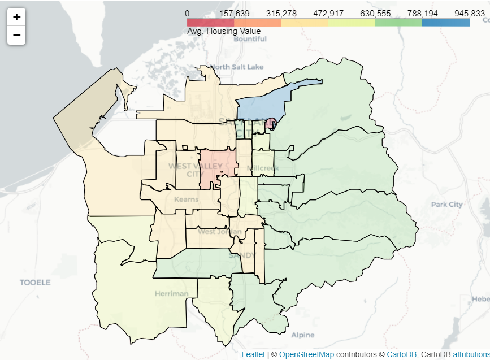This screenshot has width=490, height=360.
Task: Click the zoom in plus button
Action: pyautogui.click(x=16, y=17)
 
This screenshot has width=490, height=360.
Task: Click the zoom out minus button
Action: pyautogui.click(x=16, y=35)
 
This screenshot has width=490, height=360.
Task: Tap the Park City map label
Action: pyautogui.click(x=446, y=204)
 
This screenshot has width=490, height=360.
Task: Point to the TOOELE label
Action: pyautogui.click(x=35, y=282)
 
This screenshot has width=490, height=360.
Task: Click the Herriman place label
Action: pyautogui.click(x=172, y=293)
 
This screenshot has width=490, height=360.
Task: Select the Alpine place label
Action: pyautogui.click(x=303, y=335)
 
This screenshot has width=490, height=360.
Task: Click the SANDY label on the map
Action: pyautogui.click(x=242, y=255)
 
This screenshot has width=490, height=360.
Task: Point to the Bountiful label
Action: pyautogui.click(x=250, y=39)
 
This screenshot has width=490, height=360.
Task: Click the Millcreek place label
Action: pyautogui.click(x=263, y=168)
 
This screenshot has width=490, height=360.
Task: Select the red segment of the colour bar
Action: pyautogui.click(x=210, y=23)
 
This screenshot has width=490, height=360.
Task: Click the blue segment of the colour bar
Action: pyautogui.click(x=445, y=23)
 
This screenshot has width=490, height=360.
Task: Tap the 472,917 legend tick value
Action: pyautogui.click(x=328, y=13)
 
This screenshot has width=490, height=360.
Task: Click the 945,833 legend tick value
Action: pyautogui.click(x=469, y=13)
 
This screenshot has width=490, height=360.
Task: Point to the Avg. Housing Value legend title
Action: pyautogui.click(x=224, y=31)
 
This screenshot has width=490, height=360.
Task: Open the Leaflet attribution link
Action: pyautogui.click(x=253, y=354)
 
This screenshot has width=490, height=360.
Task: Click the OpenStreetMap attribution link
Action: pyautogui.click(x=306, y=354)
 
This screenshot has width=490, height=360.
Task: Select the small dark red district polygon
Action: pyautogui.click(x=270, y=124)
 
